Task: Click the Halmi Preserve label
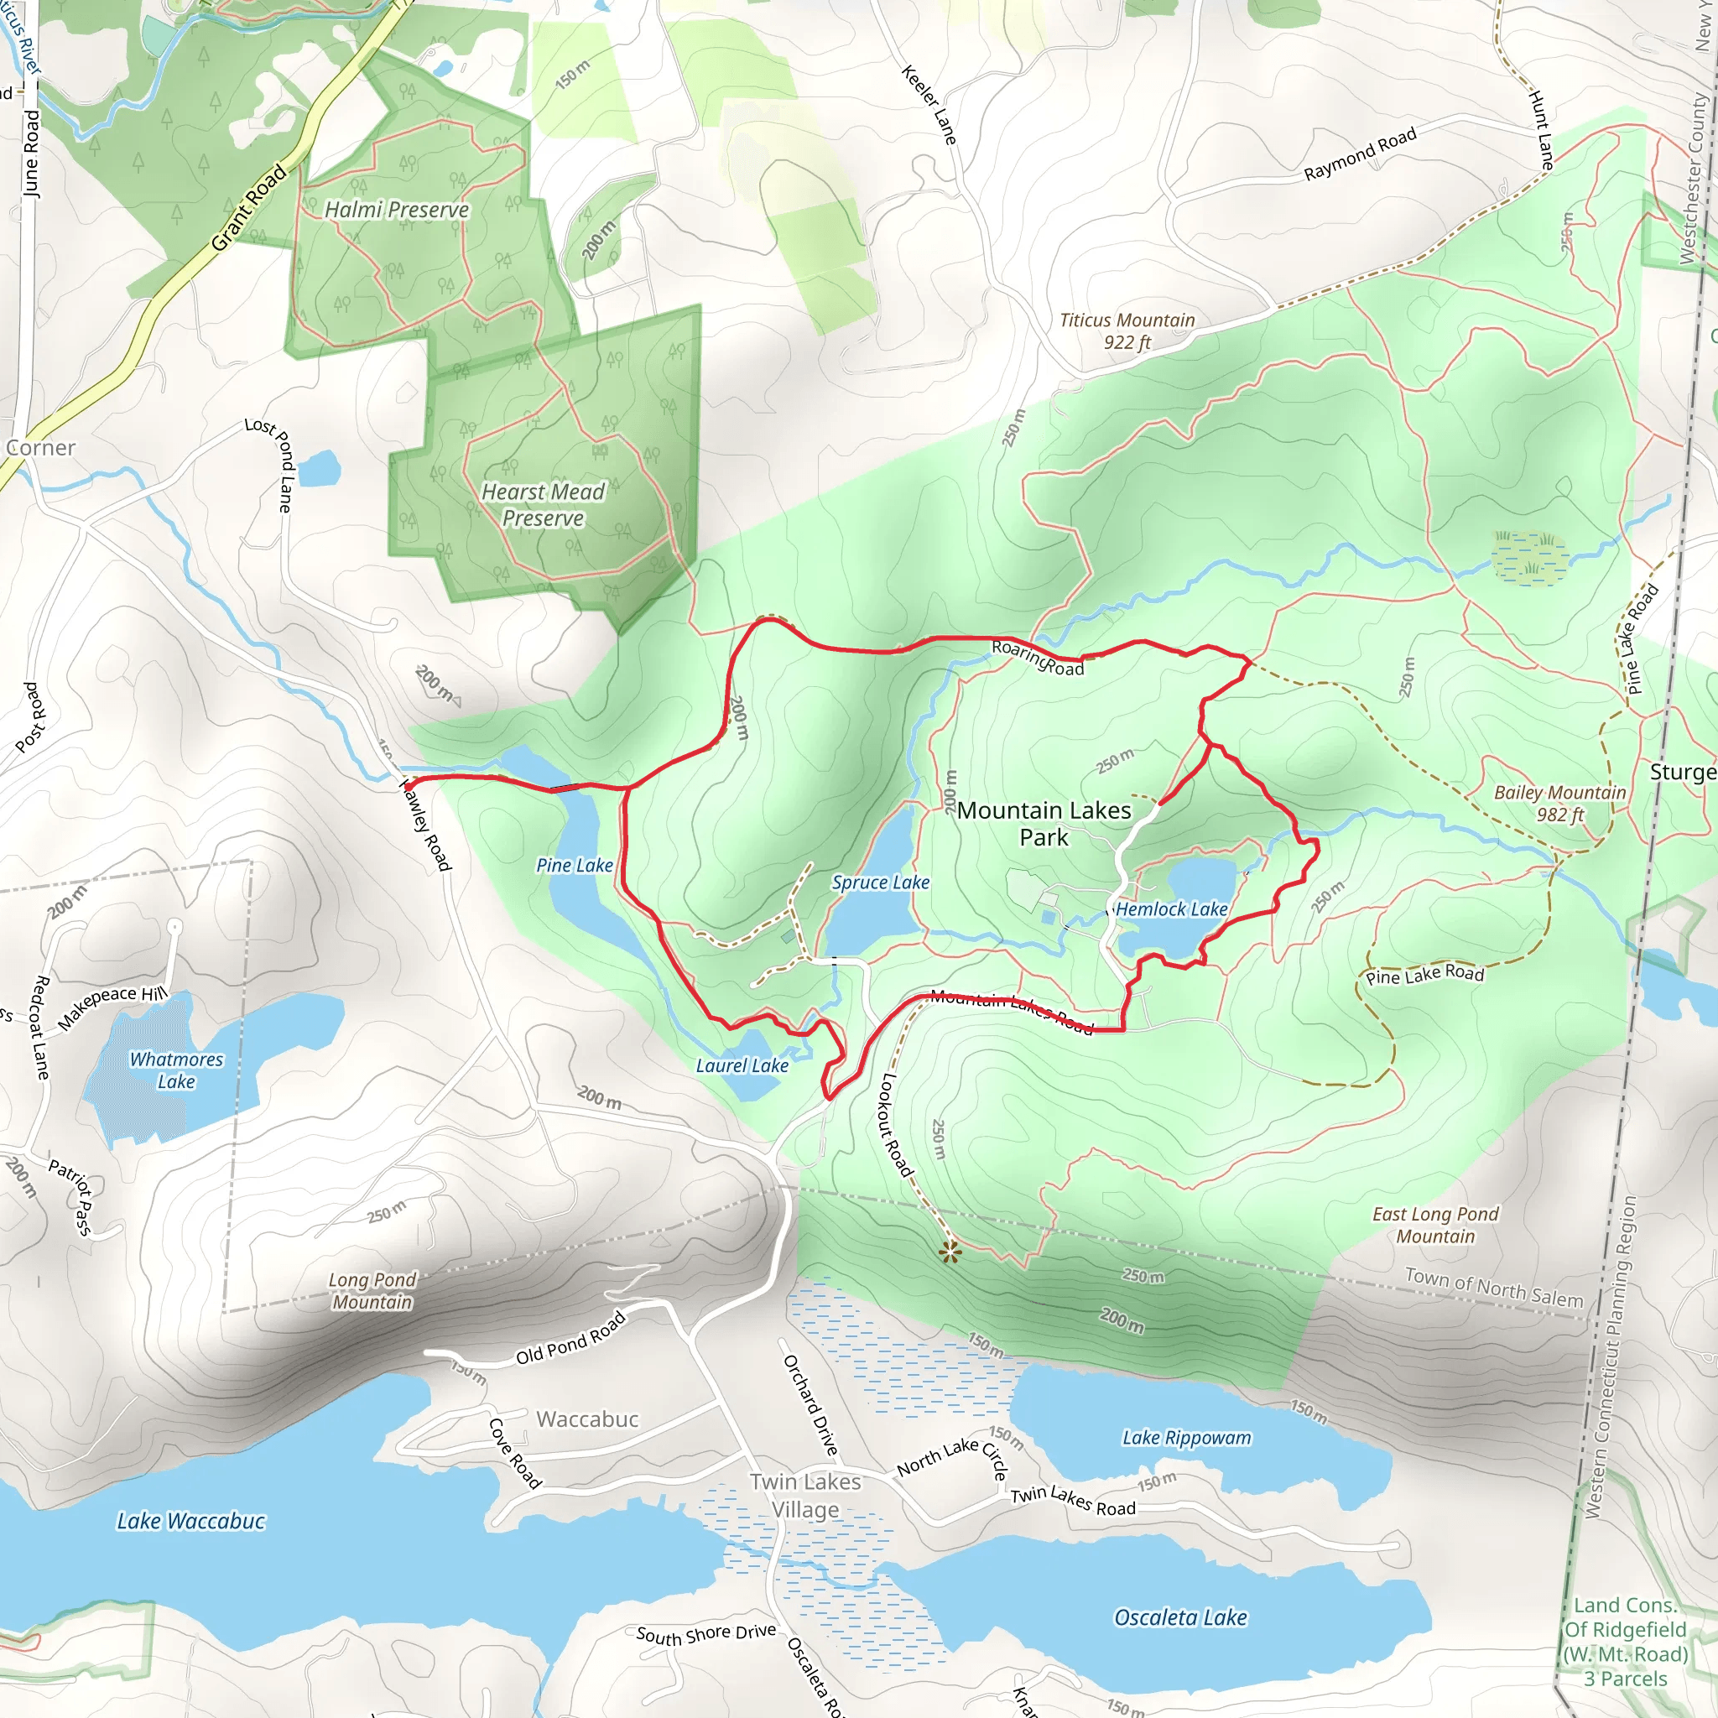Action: click(x=397, y=210)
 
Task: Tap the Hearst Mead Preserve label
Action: click(x=543, y=505)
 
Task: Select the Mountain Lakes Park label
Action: click(x=1044, y=824)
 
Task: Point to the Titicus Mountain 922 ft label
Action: click(x=1127, y=331)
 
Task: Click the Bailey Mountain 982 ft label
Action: click(x=1559, y=803)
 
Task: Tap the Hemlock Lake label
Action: click(x=1171, y=908)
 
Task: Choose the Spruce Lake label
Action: click(x=880, y=882)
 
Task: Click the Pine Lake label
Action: click(x=575, y=865)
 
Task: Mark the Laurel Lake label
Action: click(x=742, y=1065)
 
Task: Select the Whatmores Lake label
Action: click(x=176, y=1070)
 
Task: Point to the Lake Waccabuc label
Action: click(x=191, y=1522)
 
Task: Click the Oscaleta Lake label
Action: click(x=1180, y=1617)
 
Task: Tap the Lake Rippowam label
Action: click(x=1186, y=1438)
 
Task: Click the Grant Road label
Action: click(x=249, y=207)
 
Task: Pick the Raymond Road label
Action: click(x=1360, y=154)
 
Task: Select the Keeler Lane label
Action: click(x=929, y=105)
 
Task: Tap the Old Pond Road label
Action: click(x=571, y=1337)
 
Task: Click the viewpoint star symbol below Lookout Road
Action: click(x=950, y=1253)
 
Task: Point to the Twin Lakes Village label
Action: click(x=804, y=1496)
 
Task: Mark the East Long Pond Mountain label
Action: click(x=1435, y=1225)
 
